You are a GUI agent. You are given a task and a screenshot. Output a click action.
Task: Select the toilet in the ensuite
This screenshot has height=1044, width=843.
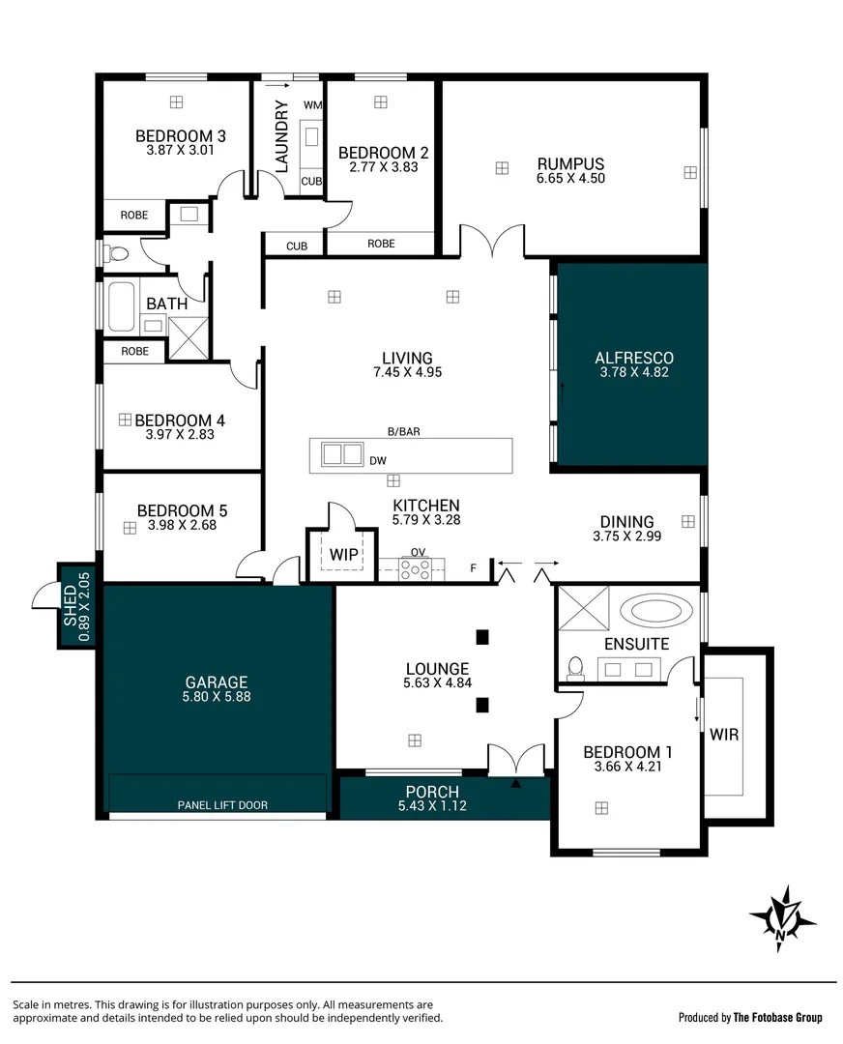(x=577, y=666)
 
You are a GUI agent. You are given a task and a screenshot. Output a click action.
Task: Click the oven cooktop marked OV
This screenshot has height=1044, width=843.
(x=418, y=568)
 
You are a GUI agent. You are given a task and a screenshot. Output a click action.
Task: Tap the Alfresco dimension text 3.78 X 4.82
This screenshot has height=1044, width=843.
(x=632, y=372)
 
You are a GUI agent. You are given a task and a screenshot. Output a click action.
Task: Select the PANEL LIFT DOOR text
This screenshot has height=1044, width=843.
(x=221, y=804)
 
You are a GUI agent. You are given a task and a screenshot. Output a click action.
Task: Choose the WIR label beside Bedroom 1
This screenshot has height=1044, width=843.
(x=724, y=735)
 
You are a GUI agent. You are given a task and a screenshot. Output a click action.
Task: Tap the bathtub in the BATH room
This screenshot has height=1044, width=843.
(x=121, y=306)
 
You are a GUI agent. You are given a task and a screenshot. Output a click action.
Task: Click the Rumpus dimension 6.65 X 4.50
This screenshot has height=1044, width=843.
(x=570, y=178)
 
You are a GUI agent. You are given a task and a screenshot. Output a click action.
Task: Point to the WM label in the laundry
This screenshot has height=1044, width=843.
(x=312, y=104)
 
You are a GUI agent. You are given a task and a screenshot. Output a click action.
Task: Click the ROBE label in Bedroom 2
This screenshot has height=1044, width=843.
(x=381, y=244)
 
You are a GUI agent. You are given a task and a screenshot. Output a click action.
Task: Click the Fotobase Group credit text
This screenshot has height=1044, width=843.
(x=750, y=1017)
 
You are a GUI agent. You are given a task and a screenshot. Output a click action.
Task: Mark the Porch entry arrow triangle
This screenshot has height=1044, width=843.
(x=515, y=784)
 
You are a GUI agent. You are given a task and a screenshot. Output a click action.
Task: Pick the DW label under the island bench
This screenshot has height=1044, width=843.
(x=379, y=461)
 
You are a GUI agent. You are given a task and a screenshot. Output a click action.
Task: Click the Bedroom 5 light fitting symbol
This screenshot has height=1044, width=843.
(x=129, y=528)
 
